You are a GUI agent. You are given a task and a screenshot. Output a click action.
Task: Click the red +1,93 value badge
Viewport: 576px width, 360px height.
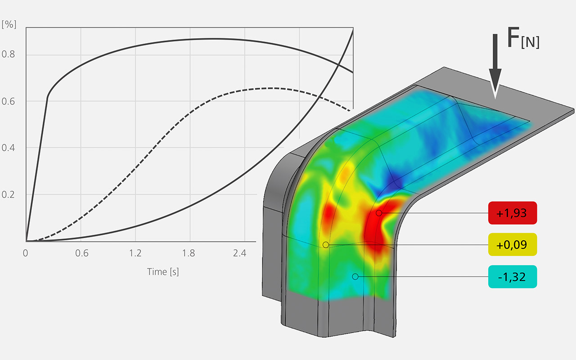[513, 213]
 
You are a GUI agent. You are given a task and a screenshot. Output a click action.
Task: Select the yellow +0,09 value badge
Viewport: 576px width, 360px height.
[513, 244]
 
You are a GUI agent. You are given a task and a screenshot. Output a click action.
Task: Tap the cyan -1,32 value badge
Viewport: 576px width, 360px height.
[513, 277]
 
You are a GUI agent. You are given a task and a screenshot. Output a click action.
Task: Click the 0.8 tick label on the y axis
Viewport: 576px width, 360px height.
[8, 54]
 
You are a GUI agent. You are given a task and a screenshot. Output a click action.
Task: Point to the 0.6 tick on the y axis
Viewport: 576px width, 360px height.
[8, 102]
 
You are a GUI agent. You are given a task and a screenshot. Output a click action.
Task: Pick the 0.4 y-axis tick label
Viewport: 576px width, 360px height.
[8, 148]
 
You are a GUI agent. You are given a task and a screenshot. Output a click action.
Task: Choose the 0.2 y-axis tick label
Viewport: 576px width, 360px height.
[8, 195]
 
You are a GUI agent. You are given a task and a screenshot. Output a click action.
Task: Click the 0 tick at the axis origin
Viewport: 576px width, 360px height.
[25, 253]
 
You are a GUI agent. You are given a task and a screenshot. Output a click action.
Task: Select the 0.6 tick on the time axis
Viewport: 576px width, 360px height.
[82, 253]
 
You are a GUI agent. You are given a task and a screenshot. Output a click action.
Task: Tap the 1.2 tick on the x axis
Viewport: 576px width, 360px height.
[135, 253]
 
